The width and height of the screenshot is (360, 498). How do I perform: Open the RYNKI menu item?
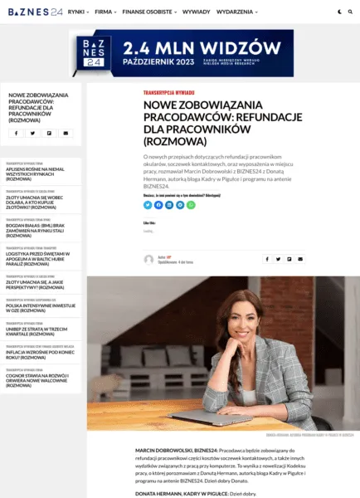click(78, 12)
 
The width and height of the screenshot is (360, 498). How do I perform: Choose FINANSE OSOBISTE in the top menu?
click(148, 12)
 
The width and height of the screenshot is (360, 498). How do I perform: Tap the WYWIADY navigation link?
click(196, 12)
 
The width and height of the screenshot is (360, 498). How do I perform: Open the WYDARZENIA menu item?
click(236, 12)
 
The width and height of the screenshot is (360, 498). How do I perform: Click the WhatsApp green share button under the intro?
click(191, 204)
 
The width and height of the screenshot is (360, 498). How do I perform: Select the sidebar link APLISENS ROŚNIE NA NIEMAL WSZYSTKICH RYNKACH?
click(36, 173)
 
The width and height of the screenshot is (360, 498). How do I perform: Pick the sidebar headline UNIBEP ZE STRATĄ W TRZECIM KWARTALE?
click(38, 330)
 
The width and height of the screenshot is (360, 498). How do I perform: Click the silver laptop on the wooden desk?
click(199, 415)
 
